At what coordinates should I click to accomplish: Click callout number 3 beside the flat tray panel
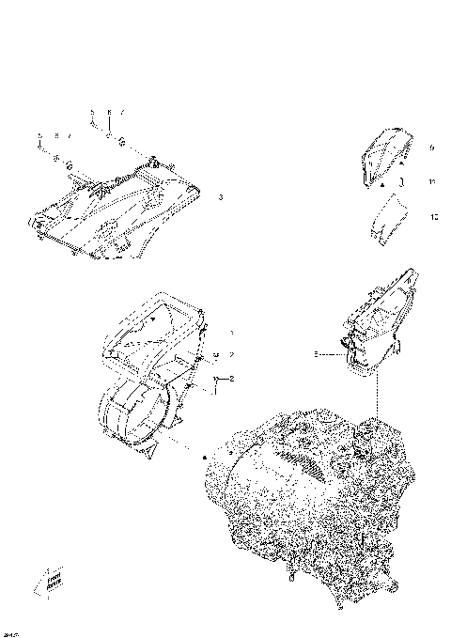click(220, 197)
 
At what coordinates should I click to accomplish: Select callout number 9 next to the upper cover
click(431, 148)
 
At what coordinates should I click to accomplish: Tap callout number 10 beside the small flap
click(432, 216)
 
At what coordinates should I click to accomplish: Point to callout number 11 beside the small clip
click(431, 181)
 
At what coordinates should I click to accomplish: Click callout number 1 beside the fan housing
click(231, 333)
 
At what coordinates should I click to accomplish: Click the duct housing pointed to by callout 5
click(376, 319)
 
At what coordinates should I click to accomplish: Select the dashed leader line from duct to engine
click(376, 395)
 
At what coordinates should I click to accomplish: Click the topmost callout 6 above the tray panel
click(109, 112)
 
